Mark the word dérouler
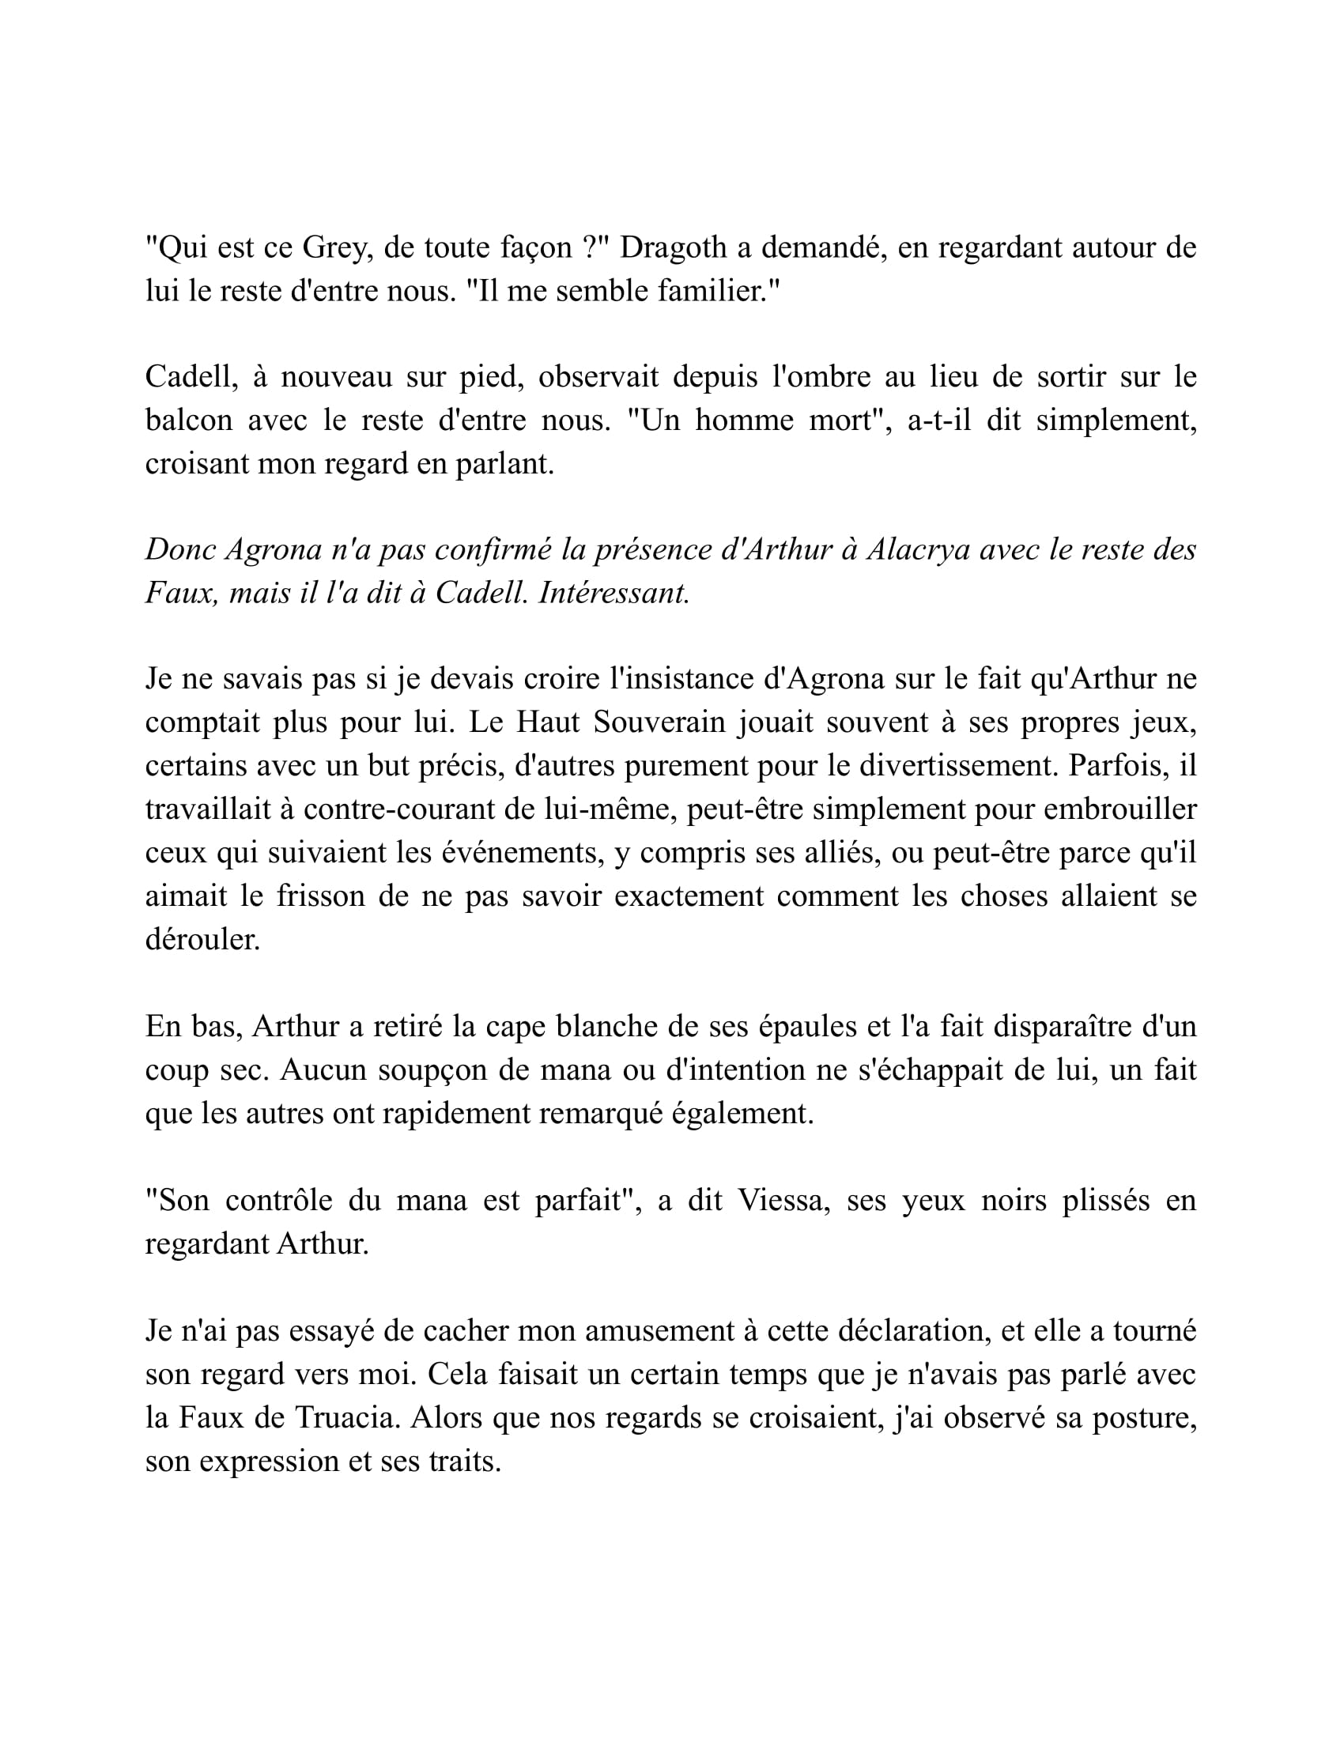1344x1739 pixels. pyautogui.click(x=202, y=940)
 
